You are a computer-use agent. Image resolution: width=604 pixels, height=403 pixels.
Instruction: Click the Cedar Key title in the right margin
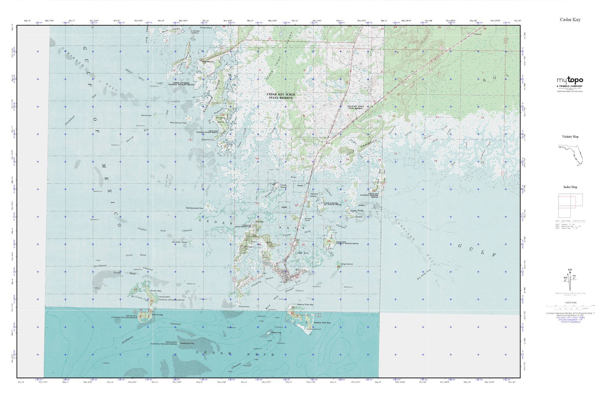point(570,20)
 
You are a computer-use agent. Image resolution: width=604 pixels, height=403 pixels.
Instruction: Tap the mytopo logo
point(569,80)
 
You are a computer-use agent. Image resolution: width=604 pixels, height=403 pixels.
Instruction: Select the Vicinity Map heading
point(570,137)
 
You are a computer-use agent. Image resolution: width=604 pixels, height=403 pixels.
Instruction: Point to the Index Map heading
point(570,187)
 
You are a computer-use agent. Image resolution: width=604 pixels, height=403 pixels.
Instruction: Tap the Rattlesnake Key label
point(194,208)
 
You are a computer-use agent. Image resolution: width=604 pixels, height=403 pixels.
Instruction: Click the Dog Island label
point(347,264)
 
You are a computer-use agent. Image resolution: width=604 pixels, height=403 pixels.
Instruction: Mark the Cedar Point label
point(357,210)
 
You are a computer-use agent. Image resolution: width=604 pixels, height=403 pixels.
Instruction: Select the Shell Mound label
point(208,62)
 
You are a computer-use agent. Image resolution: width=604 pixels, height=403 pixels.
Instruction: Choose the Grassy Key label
point(276,333)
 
